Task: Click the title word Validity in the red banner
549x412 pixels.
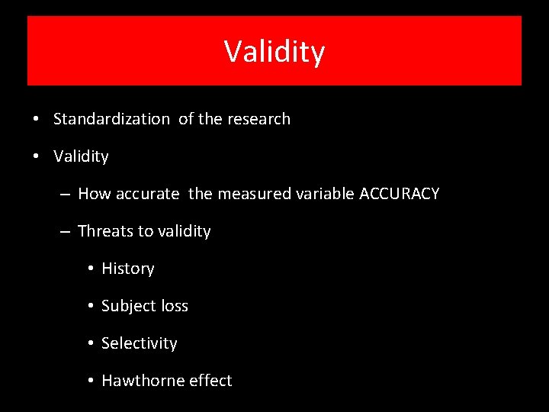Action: pyautogui.click(x=274, y=52)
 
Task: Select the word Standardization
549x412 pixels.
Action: pyautogui.click(x=111, y=119)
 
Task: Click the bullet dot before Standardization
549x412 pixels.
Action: pyautogui.click(x=37, y=120)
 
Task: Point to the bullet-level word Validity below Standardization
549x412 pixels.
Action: pyautogui.click(x=81, y=156)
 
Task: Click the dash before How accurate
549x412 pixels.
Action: pyautogui.click(x=66, y=195)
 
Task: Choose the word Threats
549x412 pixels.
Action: pyautogui.click(x=105, y=231)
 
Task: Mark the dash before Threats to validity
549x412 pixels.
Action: pyautogui.click(x=66, y=232)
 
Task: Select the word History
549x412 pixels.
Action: pyautogui.click(x=127, y=269)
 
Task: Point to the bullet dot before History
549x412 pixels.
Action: pyautogui.click(x=90, y=269)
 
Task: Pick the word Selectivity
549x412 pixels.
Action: pyautogui.click(x=139, y=343)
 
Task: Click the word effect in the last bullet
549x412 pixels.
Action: pyautogui.click(x=210, y=381)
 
